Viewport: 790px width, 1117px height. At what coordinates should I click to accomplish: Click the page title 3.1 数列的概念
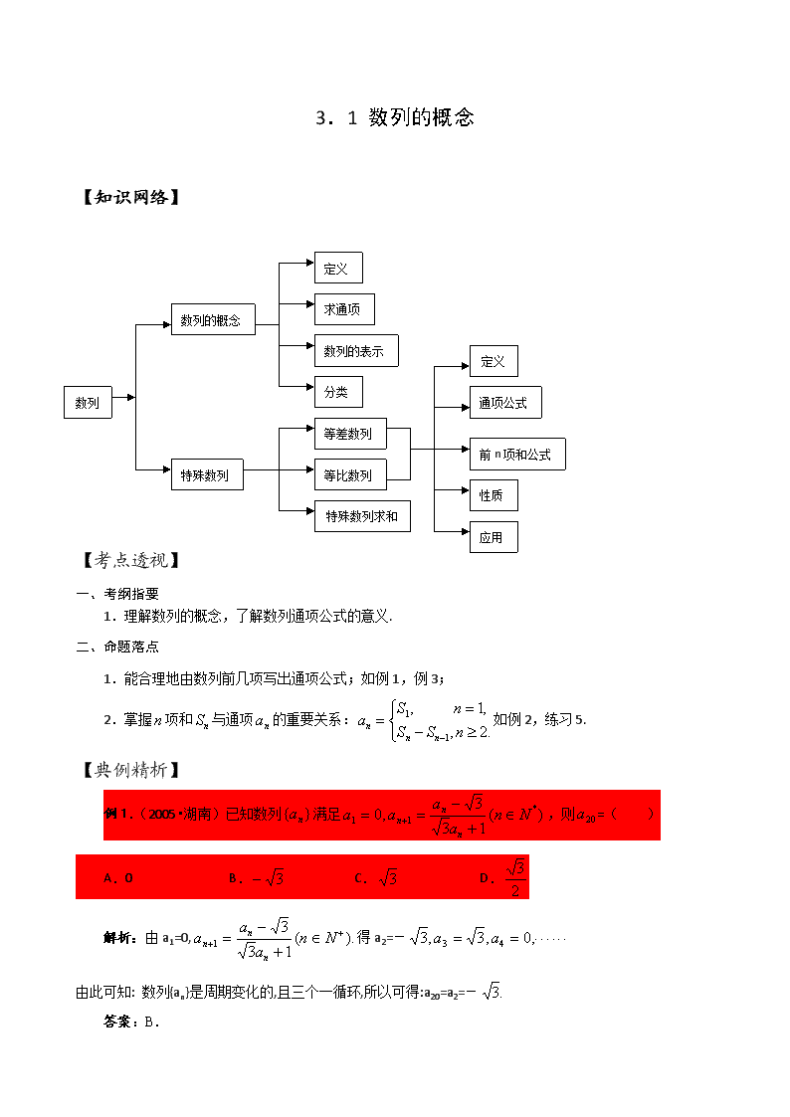click(x=395, y=117)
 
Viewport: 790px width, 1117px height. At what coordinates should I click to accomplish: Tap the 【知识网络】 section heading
click(x=131, y=197)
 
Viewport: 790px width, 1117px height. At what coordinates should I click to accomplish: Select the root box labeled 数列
click(x=88, y=403)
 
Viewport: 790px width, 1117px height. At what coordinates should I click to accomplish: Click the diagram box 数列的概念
click(x=213, y=320)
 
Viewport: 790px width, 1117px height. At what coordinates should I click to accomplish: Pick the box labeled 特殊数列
click(x=207, y=474)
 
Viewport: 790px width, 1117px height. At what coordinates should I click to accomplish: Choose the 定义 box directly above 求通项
click(x=338, y=268)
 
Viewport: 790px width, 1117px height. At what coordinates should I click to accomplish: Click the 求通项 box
click(x=344, y=309)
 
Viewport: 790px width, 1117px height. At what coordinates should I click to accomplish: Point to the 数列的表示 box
click(x=356, y=350)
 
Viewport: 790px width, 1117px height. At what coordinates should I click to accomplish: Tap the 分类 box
click(x=338, y=392)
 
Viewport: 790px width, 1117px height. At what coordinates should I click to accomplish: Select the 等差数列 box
click(x=350, y=433)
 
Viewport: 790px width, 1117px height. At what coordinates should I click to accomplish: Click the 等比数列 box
click(x=350, y=474)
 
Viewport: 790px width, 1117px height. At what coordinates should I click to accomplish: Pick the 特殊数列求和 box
click(x=362, y=516)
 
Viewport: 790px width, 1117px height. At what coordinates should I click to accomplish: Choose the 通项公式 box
click(x=505, y=403)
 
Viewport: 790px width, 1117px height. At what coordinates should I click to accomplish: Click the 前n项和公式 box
click(x=518, y=454)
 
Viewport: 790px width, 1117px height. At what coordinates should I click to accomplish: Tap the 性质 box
click(x=494, y=495)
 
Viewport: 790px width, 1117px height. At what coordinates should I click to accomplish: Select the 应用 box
click(x=494, y=537)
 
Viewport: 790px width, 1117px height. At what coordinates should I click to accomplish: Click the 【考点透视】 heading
click(x=131, y=560)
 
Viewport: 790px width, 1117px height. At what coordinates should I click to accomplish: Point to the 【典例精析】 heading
click(x=131, y=769)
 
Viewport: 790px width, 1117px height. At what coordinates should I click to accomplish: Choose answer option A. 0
click(x=118, y=877)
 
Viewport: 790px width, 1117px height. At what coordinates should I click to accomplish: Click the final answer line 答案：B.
click(x=131, y=1022)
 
